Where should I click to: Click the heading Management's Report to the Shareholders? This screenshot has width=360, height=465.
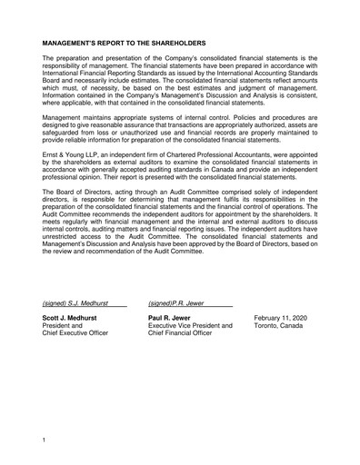click(125, 43)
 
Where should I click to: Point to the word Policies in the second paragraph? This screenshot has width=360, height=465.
click(245, 117)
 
